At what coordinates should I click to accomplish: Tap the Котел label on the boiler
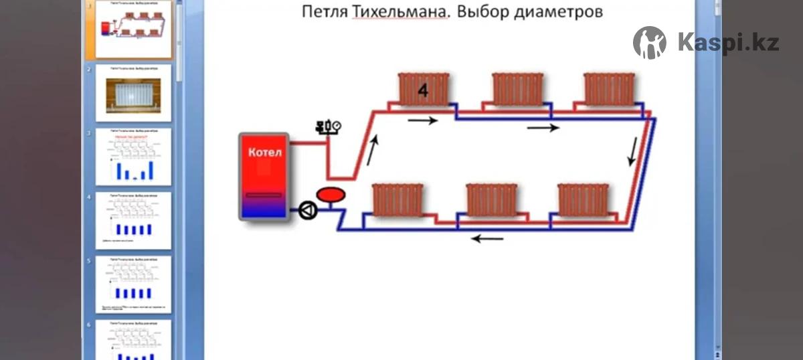[x=265, y=153]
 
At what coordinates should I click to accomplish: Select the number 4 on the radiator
[x=422, y=91]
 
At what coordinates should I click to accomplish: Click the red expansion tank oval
[x=330, y=195]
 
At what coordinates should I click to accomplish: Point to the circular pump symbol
[x=307, y=211]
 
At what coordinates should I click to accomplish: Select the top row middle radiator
[x=517, y=89]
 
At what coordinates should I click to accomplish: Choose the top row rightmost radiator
[x=608, y=89]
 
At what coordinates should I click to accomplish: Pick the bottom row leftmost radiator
[x=398, y=199]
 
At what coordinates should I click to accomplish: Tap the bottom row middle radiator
[x=491, y=199]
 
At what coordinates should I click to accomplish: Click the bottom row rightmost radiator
[x=584, y=199]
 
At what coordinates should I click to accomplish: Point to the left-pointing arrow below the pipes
[x=487, y=238]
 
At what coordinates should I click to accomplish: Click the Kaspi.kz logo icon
[x=649, y=43]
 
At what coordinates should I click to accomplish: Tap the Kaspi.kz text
[x=728, y=43]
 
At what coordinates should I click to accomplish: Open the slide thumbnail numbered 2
[x=134, y=92]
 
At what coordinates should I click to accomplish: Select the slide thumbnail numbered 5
[x=134, y=284]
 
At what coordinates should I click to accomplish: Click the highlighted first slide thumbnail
[x=134, y=29]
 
